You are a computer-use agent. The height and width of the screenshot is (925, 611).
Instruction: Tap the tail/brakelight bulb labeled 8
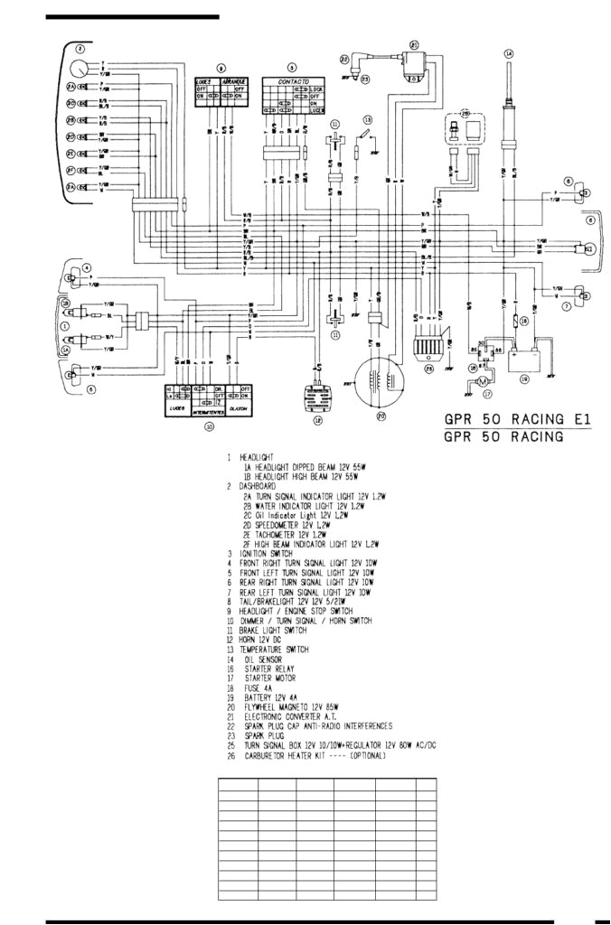pyautogui.click(x=587, y=247)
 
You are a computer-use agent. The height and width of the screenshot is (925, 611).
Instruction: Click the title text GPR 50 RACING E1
pyautogui.click(x=516, y=420)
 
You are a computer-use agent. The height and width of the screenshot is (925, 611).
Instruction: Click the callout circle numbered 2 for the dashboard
pyautogui.click(x=80, y=49)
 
